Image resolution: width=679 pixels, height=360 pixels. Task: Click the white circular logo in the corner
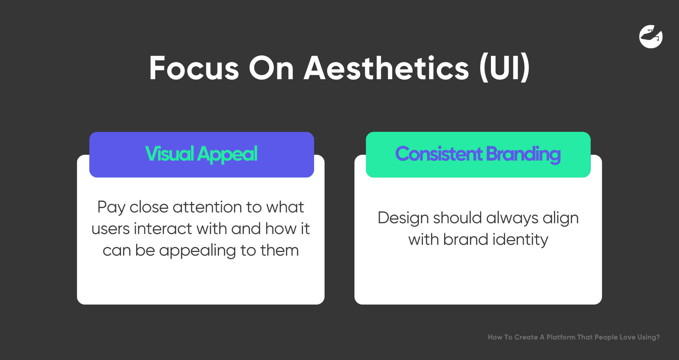[x=651, y=36]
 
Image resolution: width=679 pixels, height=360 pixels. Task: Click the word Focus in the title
[x=194, y=68]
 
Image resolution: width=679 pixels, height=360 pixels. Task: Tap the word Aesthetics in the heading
[x=387, y=68]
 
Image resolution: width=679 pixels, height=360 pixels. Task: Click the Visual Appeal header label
[x=201, y=154]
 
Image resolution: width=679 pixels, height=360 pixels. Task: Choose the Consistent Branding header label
[x=478, y=154]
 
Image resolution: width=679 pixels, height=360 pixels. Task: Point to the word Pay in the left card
[x=111, y=208]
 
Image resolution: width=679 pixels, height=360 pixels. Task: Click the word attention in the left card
[x=207, y=207]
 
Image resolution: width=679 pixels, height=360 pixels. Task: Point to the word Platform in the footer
[x=561, y=337]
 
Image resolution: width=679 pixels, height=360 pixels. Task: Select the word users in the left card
[x=111, y=229]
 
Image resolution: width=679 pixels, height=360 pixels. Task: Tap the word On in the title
[x=272, y=68]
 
